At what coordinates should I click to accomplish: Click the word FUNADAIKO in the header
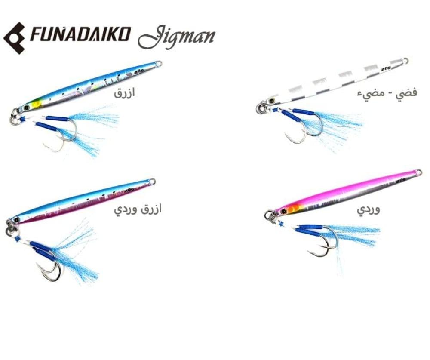(80, 34)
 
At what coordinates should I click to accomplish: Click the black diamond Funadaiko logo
(14, 38)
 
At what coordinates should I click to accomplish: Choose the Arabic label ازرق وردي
(138, 209)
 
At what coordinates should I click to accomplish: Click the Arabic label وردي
(369, 210)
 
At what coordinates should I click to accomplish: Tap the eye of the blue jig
(27, 108)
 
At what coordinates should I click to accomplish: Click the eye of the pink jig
(283, 211)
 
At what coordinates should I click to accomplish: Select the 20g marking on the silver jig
(386, 68)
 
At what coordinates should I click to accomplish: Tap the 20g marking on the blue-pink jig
(129, 190)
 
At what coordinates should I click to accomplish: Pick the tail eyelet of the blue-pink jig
(152, 182)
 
